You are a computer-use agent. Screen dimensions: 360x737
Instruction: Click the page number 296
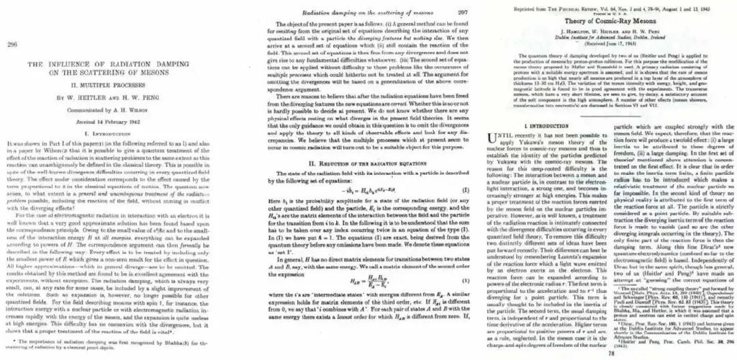pyautogui.click(x=12, y=44)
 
